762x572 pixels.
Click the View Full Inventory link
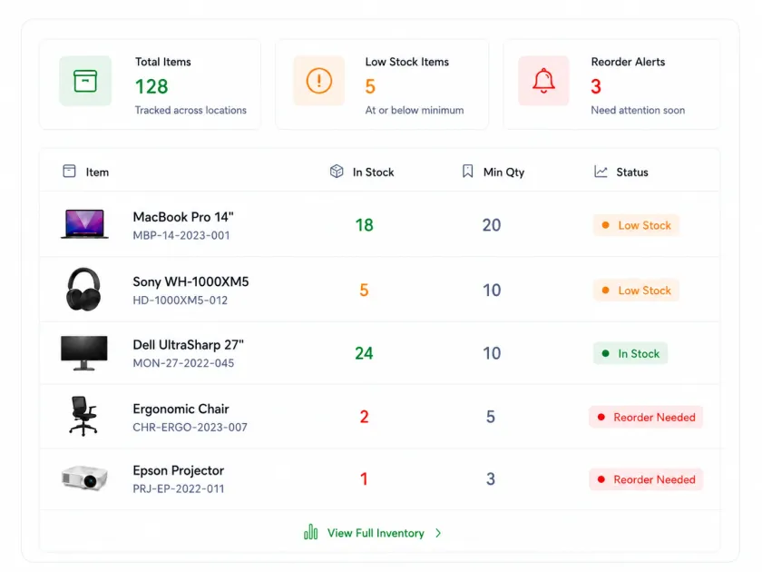376,533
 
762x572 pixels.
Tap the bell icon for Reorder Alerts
543,80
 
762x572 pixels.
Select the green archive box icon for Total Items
85,81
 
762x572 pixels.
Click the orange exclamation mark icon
318,81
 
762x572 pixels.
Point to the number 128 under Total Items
151,86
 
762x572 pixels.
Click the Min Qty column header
503,173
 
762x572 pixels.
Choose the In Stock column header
373,173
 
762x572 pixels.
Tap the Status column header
631,173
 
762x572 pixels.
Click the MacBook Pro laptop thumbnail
84,223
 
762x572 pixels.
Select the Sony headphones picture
83,289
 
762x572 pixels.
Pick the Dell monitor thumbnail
84,353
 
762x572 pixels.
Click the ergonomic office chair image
83,416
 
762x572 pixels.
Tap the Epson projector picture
84,478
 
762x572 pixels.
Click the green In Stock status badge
630,353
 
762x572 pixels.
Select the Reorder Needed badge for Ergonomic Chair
646,418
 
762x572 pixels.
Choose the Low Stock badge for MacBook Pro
636,226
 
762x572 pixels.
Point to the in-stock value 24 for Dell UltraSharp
364,353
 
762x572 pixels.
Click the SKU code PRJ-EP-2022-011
179,488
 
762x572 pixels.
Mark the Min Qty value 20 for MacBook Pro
492,225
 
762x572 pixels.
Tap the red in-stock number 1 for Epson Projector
364,479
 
